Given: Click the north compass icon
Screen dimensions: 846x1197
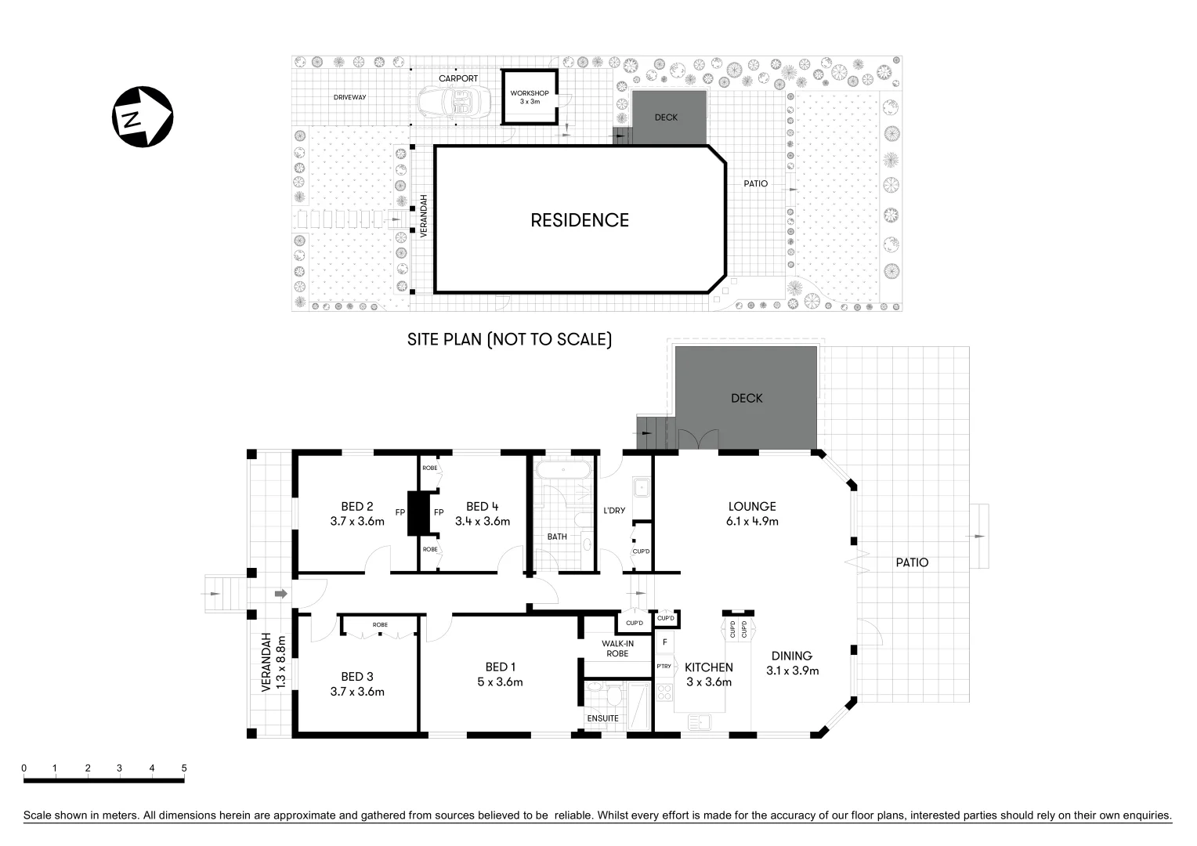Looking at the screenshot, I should click(142, 117).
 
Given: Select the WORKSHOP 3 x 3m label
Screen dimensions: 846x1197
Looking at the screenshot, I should click(530, 97).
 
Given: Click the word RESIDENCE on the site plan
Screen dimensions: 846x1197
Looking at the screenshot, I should click(580, 221).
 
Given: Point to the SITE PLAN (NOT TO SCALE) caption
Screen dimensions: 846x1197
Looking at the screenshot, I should click(509, 339).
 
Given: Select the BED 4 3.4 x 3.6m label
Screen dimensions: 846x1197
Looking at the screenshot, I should click(483, 513).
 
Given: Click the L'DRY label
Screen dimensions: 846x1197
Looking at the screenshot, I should click(614, 511).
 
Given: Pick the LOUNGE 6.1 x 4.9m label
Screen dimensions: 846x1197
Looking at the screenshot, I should click(752, 513).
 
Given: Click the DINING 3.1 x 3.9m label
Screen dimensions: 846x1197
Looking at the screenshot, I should click(792, 663).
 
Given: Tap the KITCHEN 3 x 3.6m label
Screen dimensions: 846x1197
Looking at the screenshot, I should click(709, 674).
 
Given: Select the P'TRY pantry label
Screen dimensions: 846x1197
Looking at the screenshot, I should click(664, 667).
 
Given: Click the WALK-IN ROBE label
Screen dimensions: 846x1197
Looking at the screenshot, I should click(617, 648).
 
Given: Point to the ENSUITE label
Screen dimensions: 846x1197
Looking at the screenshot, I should click(603, 718).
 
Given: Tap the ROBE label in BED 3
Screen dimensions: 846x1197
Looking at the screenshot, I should click(380, 624).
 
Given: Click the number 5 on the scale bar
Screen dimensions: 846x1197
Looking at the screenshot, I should click(184, 768).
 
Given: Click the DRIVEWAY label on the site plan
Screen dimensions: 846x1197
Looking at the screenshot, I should click(349, 97).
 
